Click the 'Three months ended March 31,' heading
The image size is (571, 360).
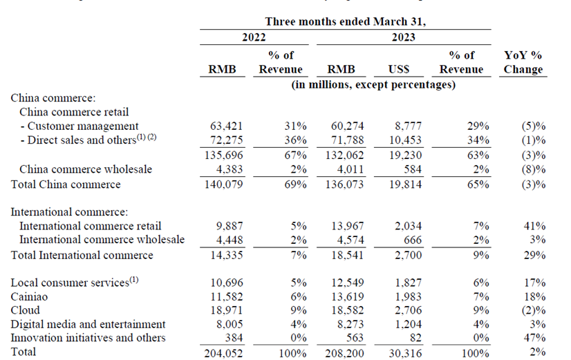346,21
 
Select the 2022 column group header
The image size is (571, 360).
253,39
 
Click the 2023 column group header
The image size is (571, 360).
403,39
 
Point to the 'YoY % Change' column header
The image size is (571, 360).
523,62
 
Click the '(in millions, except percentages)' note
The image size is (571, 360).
373,85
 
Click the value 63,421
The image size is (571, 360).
225,126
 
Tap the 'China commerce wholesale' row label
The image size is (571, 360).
85,169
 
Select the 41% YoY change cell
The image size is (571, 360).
534,226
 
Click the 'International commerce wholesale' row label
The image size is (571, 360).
102,240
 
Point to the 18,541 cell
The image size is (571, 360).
346,255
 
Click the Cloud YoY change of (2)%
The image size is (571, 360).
532,310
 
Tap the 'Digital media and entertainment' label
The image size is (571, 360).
88,324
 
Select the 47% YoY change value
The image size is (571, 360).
534,338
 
